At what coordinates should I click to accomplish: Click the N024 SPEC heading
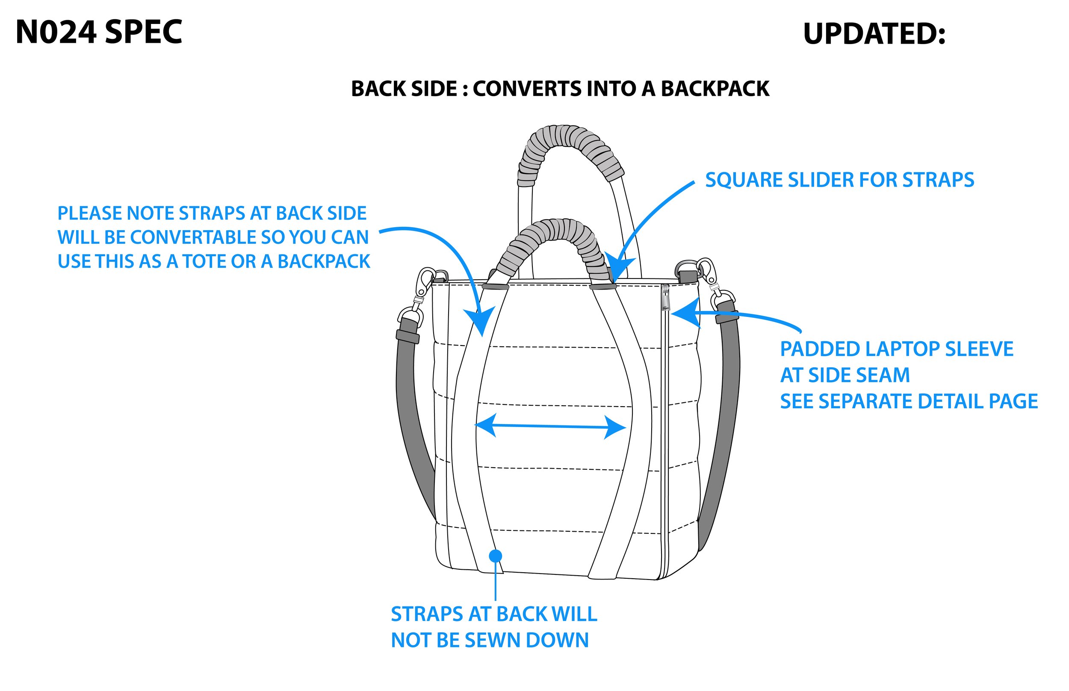(99, 32)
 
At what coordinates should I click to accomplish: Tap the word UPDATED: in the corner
(874, 34)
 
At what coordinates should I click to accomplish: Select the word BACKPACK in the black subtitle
(715, 88)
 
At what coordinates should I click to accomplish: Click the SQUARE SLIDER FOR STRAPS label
(839, 180)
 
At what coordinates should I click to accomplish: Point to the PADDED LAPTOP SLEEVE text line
(897, 349)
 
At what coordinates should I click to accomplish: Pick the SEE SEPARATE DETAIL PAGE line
(909, 401)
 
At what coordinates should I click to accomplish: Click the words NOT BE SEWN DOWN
(490, 640)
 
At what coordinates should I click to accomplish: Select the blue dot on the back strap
(496, 556)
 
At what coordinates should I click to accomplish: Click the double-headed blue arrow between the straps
(550, 426)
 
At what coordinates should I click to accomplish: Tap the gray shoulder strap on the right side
(721, 426)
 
